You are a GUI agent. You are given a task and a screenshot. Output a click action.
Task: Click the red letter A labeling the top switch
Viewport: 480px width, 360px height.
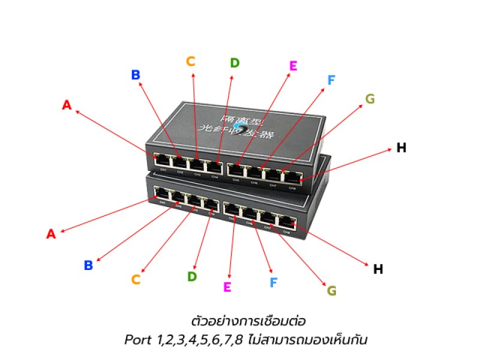(x=67, y=105)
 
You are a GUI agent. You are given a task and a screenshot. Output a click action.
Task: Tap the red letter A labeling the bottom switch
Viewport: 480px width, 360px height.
(x=51, y=234)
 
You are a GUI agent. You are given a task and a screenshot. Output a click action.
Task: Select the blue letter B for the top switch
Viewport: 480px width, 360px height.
(x=136, y=75)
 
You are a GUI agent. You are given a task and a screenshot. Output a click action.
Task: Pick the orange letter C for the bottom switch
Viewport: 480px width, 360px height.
(x=136, y=279)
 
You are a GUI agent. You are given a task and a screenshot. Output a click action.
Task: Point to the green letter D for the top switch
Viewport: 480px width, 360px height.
(x=235, y=63)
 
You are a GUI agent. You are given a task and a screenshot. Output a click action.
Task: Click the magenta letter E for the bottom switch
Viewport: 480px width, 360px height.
(x=227, y=287)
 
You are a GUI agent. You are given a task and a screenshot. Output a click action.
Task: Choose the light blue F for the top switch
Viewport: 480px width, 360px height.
(x=331, y=80)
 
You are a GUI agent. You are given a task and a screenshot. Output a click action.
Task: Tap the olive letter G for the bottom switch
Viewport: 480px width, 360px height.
(x=332, y=291)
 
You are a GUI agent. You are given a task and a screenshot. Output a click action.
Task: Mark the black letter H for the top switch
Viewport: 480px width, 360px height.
(x=401, y=148)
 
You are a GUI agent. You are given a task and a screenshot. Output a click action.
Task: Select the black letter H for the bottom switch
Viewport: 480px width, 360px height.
(x=378, y=269)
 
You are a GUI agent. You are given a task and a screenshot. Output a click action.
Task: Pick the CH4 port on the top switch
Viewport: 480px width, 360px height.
(x=214, y=166)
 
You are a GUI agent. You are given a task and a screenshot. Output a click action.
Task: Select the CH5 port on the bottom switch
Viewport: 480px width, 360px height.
(x=232, y=209)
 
